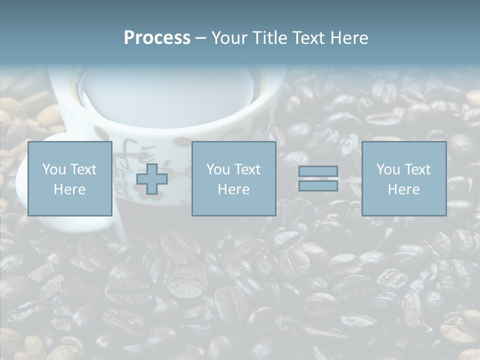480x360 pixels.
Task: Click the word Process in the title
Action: click(x=157, y=38)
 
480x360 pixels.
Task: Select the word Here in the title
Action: click(x=348, y=38)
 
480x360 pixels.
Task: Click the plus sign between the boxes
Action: click(x=152, y=179)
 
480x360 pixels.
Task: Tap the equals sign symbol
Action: click(x=318, y=178)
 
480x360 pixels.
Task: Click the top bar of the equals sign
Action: click(x=318, y=171)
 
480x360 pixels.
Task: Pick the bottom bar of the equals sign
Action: click(x=318, y=186)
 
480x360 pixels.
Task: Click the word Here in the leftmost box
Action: click(x=70, y=189)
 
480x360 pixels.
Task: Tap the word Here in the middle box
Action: click(x=234, y=189)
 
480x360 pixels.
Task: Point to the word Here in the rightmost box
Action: click(x=404, y=189)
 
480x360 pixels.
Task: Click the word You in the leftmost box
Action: click(x=54, y=169)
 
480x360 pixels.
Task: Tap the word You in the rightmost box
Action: click(x=388, y=169)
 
